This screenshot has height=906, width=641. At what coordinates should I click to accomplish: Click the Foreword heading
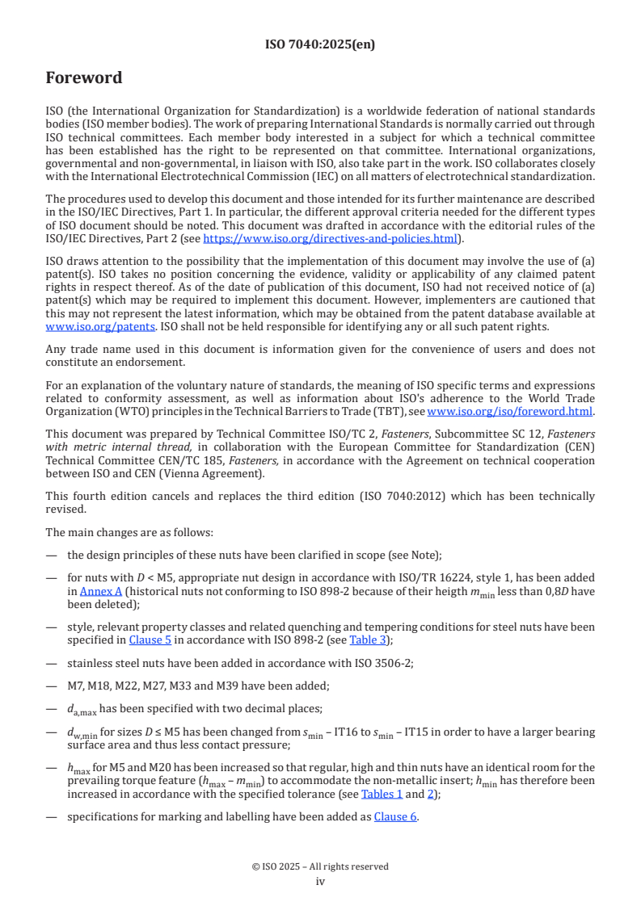[x=84, y=78]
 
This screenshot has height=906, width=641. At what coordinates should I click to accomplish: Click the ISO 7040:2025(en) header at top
[x=320, y=45]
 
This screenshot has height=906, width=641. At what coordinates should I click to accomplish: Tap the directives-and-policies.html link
[x=330, y=238]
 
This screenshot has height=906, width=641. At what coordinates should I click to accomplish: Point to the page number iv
[x=320, y=882]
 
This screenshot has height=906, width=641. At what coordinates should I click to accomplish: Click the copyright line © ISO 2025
[x=320, y=866]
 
